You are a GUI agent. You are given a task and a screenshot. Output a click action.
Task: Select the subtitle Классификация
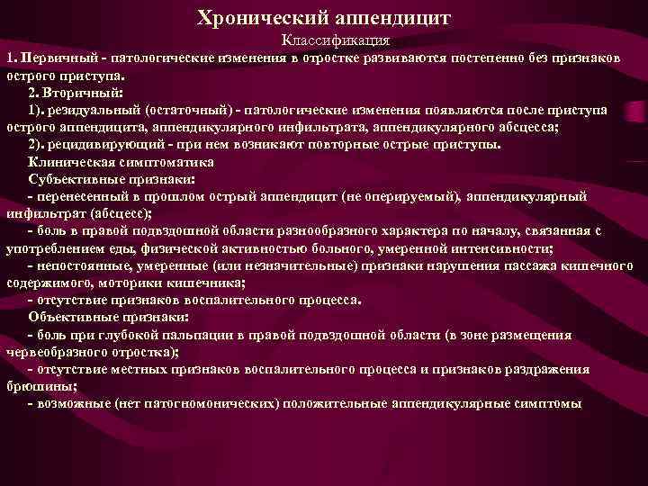click(335, 40)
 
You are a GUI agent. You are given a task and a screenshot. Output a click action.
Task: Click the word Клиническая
click(68, 162)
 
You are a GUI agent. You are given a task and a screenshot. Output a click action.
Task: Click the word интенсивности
click(499, 248)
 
